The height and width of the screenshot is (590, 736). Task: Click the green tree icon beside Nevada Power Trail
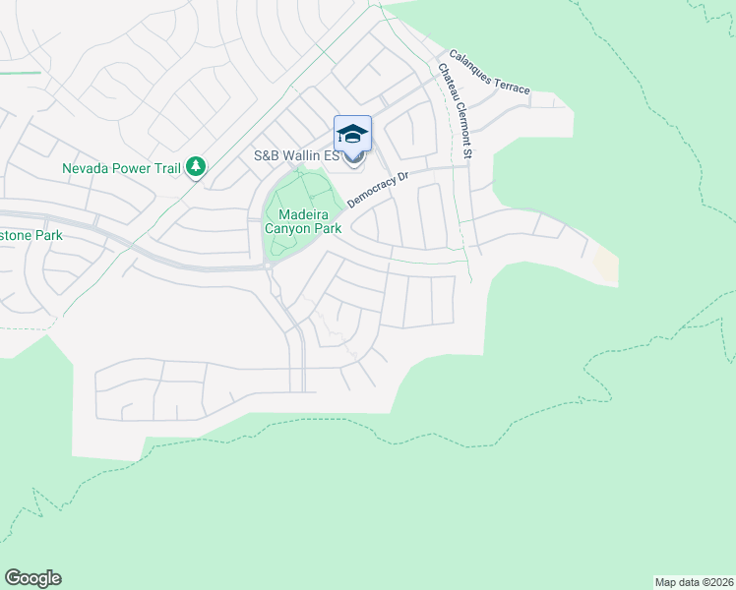[x=196, y=168]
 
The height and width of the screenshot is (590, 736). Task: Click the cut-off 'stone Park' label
[x=31, y=235]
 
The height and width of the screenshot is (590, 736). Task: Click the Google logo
[x=32, y=578]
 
